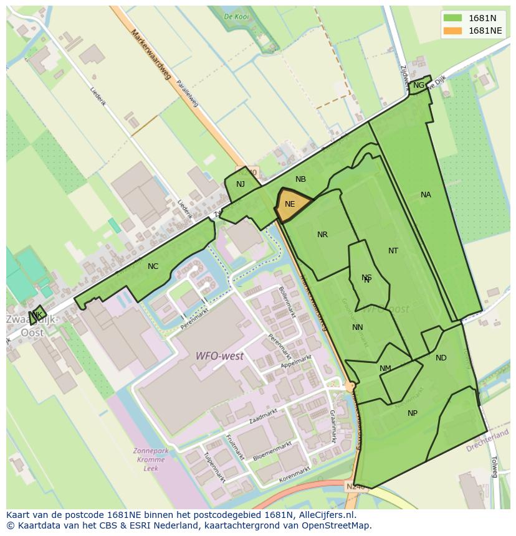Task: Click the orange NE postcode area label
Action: tap(290, 204)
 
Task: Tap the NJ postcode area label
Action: tap(241, 184)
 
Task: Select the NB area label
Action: tap(300, 179)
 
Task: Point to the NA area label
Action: tap(426, 195)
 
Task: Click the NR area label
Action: tap(322, 235)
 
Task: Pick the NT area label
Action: tap(393, 251)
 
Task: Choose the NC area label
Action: tap(153, 266)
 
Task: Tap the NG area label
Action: tap(419, 85)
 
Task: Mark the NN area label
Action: tap(357, 327)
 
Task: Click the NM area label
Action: tap(385, 369)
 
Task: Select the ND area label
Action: tap(441, 358)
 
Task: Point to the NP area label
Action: tap(413, 413)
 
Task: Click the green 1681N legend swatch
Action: tap(453, 17)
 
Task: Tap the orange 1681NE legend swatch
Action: tap(453, 31)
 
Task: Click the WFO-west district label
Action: tap(219, 356)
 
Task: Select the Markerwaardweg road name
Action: tap(151, 56)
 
